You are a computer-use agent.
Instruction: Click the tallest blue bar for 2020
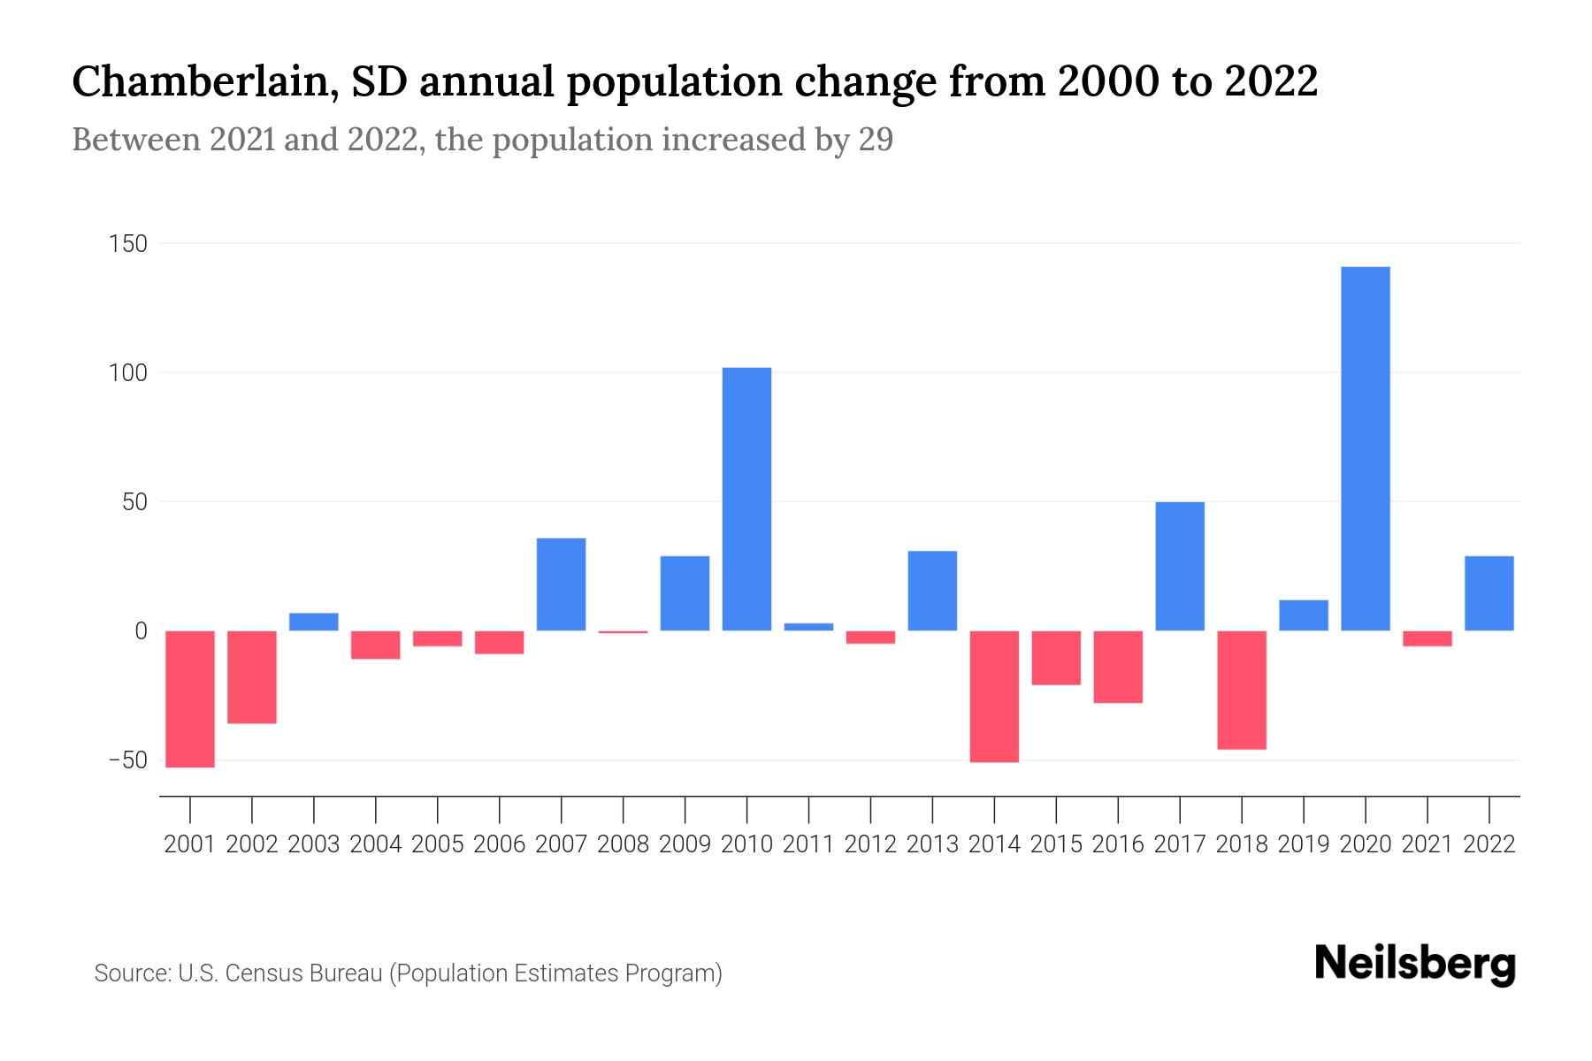pyautogui.click(x=1365, y=448)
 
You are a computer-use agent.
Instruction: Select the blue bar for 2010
pyautogui.click(x=746, y=499)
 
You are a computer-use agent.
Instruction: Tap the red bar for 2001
pyautogui.click(x=190, y=698)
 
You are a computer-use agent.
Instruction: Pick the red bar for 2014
pyautogui.click(x=994, y=696)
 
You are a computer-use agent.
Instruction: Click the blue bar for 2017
pyautogui.click(x=1180, y=566)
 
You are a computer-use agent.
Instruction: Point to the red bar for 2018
pyautogui.click(x=1242, y=690)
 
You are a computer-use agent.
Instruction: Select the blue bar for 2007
pyautogui.click(x=561, y=584)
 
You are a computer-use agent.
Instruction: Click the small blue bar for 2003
pyautogui.click(x=314, y=622)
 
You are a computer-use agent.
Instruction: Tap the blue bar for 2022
pyautogui.click(x=1489, y=592)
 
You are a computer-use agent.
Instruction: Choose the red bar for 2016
pyautogui.click(x=1118, y=667)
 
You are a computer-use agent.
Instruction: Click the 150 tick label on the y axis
pyautogui.click(x=128, y=244)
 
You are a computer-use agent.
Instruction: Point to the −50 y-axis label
pyautogui.click(x=128, y=760)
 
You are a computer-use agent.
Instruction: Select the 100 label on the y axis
pyautogui.click(x=128, y=373)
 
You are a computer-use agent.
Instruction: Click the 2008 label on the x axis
pyautogui.click(x=623, y=844)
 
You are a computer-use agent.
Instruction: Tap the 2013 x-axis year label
pyautogui.click(x=932, y=844)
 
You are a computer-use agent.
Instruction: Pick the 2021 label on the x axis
pyautogui.click(x=1427, y=844)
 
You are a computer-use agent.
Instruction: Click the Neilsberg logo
pyautogui.click(x=1415, y=965)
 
